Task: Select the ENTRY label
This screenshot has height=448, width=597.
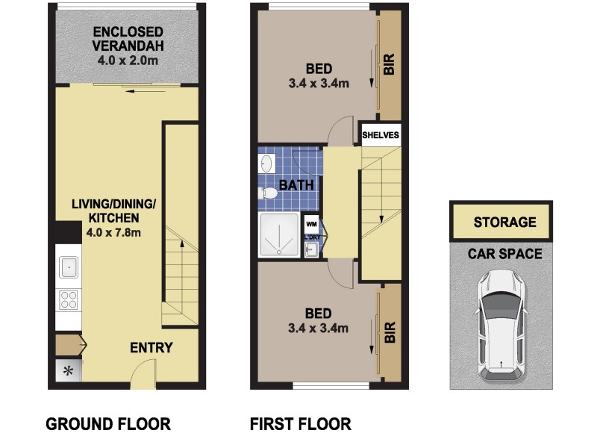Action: click(151, 347)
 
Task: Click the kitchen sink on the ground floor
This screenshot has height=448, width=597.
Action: click(69, 266)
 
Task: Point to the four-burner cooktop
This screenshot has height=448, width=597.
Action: click(69, 299)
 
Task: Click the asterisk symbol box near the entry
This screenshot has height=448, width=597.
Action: click(69, 371)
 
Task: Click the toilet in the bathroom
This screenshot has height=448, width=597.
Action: click(267, 194)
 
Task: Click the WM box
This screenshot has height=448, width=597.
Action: click(310, 222)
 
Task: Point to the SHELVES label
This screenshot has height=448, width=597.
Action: click(381, 136)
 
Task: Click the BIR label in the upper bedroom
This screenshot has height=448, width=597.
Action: click(389, 65)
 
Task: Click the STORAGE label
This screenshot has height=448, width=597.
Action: click(504, 222)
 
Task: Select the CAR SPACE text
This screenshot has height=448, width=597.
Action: click(504, 253)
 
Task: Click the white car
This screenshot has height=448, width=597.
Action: click(501, 323)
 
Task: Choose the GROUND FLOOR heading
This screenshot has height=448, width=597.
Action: click(108, 424)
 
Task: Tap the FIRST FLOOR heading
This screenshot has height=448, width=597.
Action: click(300, 424)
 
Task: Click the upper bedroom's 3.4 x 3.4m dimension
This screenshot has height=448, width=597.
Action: click(319, 83)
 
